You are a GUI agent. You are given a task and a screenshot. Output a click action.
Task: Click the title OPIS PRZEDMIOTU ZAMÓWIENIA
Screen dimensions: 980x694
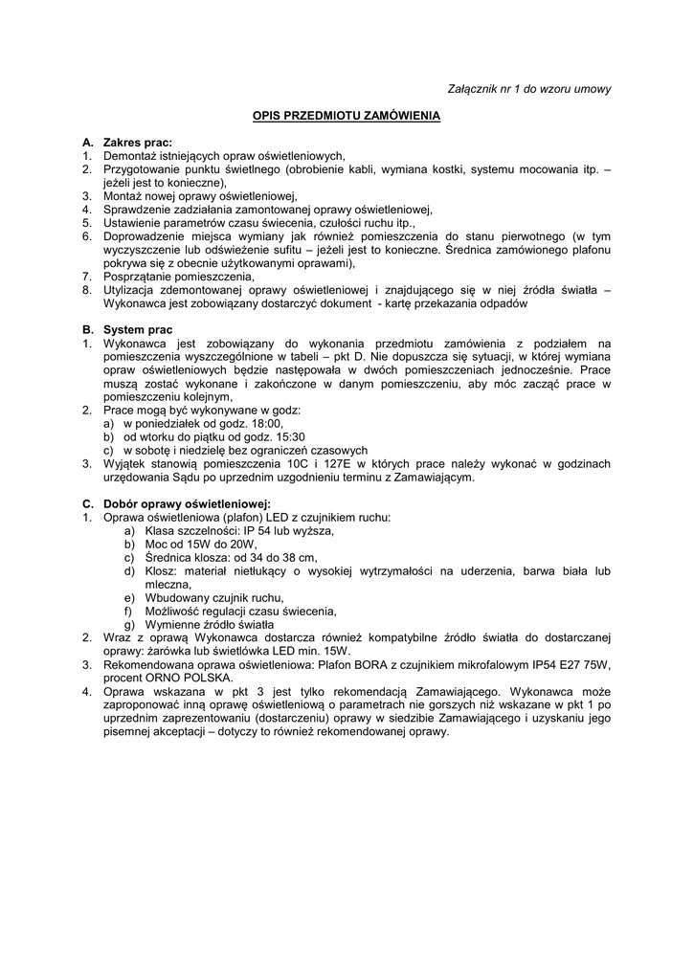347,116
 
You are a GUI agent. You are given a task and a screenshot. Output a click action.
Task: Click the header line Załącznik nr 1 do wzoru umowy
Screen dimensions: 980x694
529,89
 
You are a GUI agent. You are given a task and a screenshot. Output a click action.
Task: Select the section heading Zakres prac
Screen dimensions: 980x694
137,143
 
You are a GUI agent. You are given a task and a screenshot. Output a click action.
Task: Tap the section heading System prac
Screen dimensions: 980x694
138,330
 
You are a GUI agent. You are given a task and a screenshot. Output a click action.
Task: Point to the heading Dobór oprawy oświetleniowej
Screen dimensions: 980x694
187,503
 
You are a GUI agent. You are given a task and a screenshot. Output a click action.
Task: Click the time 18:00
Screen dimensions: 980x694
267,423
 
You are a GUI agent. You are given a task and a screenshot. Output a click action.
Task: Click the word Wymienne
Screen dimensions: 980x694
171,625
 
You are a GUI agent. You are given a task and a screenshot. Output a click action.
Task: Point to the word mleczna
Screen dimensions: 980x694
168,585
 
